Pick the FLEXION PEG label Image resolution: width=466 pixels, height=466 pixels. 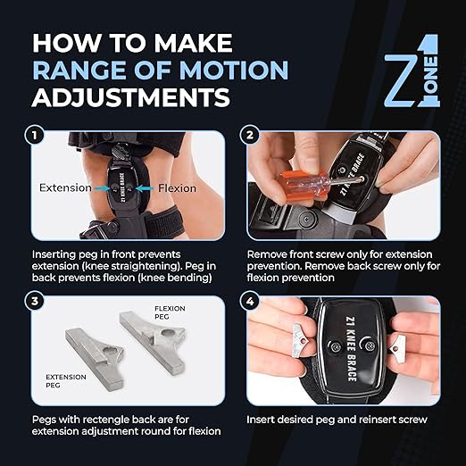(x=160, y=314)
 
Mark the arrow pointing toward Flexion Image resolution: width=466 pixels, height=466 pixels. (x=142, y=188)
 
